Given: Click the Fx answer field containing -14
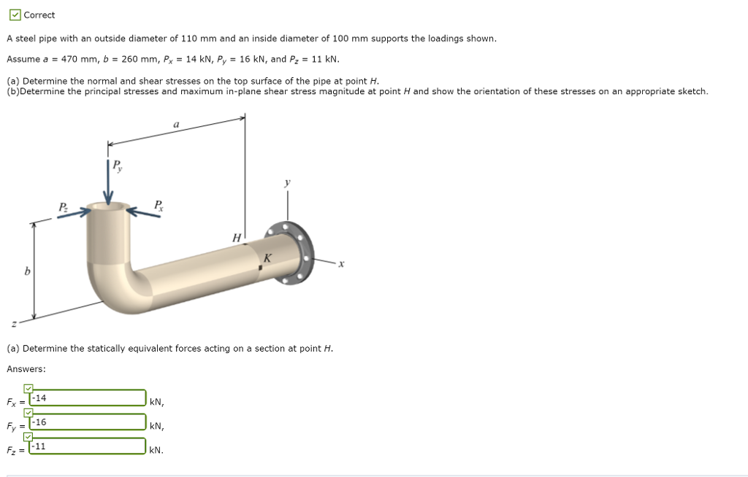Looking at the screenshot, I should click(x=88, y=398).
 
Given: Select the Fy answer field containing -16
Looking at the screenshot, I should click(x=88, y=422).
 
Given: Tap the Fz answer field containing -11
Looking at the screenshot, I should click(x=88, y=446).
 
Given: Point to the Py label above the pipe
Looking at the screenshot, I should click(x=116, y=166).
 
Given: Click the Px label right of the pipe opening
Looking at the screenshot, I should click(x=159, y=206).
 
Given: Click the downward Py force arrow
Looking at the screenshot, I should click(x=108, y=186).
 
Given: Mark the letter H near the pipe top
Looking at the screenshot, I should click(x=235, y=238).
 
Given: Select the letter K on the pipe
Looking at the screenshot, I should click(x=267, y=257).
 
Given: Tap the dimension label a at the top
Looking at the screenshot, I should click(x=176, y=125).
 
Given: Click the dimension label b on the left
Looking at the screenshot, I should click(x=27, y=271).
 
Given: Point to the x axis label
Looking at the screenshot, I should click(x=340, y=263).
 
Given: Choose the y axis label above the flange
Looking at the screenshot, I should click(x=287, y=182).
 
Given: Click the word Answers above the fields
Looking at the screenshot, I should click(x=26, y=369).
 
